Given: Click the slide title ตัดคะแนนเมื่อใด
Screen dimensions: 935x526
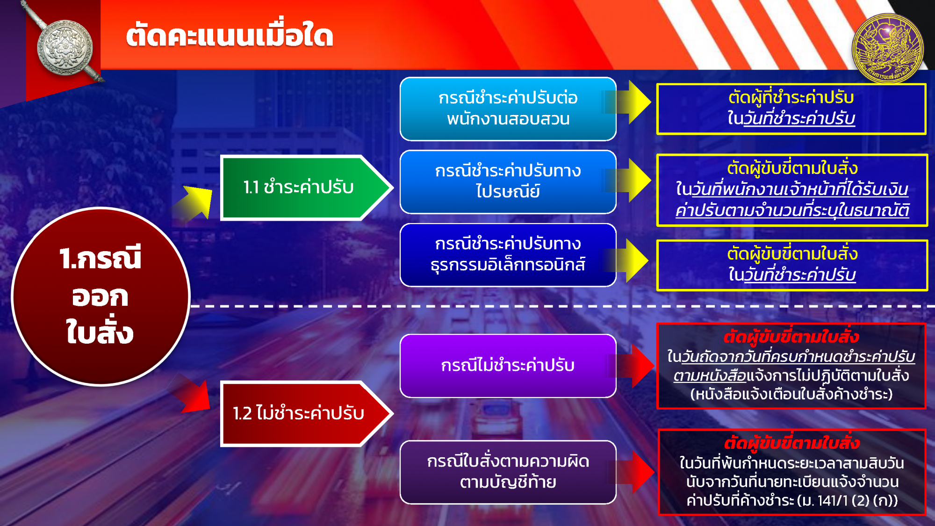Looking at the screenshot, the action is [230, 35].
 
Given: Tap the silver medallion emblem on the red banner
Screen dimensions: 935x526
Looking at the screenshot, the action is [65, 47].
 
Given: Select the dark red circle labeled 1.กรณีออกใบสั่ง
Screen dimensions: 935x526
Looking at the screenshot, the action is [101, 296].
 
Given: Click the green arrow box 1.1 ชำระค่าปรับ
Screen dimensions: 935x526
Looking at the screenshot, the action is [306, 187].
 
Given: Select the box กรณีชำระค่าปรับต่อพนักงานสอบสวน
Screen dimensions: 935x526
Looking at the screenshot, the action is [508, 109].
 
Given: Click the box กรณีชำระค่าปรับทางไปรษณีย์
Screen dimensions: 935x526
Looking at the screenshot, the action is [508, 182].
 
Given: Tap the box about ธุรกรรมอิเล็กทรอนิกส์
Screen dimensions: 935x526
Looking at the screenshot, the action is [508, 255].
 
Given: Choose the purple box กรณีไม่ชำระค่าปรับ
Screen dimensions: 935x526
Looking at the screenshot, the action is [508, 366].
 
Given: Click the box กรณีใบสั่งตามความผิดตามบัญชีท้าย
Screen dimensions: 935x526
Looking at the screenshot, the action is [508, 472].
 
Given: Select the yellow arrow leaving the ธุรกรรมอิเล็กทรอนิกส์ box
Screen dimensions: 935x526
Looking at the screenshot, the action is [626, 261].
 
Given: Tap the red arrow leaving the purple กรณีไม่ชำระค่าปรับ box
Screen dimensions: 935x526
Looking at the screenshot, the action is [631, 366].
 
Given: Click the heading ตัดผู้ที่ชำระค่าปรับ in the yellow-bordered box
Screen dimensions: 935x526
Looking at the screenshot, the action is [791, 98].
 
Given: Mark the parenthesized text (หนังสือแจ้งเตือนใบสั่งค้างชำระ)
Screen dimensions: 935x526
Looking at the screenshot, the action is [791, 394].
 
